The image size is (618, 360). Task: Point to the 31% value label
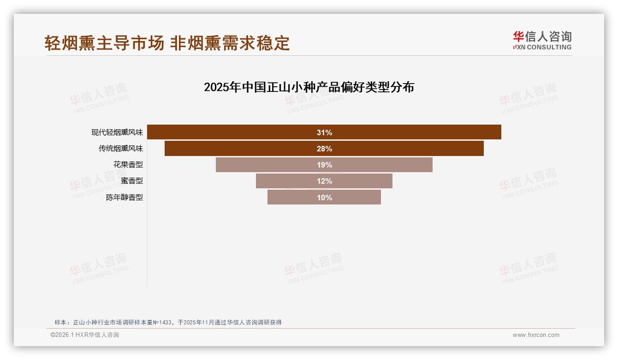(x=324, y=132)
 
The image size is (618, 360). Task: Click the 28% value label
(x=324, y=149)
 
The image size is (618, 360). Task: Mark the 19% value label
(x=324, y=165)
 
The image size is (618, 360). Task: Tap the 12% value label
(x=324, y=181)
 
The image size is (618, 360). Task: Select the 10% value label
(x=324, y=198)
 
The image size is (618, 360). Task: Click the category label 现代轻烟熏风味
(x=117, y=132)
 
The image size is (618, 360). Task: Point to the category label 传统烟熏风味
(x=121, y=149)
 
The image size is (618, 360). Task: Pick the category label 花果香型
(x=128, y=165)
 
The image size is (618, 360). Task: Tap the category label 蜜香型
(x=132, y=181)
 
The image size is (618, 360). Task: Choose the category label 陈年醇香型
(x=125, y=198)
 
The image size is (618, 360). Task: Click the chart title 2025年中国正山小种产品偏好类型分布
(x=309, y=87)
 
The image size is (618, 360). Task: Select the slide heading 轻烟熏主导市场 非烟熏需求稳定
(x=167, y=43)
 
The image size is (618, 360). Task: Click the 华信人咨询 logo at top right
(x=542, y=41)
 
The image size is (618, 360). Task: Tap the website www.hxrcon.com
(x=536, y=335)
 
